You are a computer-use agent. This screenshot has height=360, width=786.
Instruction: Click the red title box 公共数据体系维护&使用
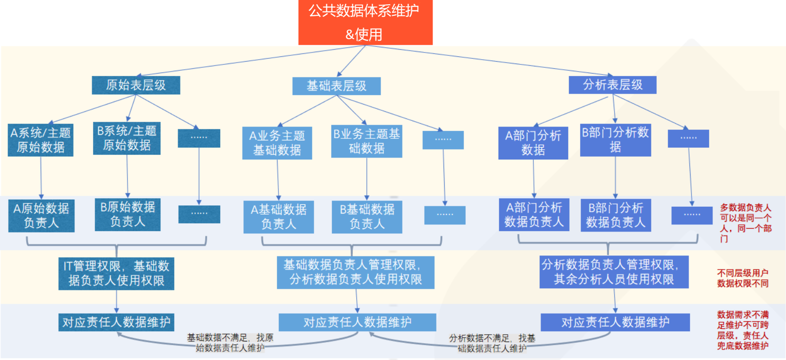pyautogui.click(x=365, y=22)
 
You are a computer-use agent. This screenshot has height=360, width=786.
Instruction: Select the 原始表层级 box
pyautogui.click(x=136, y=85)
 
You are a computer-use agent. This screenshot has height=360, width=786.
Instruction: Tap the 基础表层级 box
pyautogui.click(x=337, y=86)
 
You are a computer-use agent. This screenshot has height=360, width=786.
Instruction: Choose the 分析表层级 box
pyautogui.click(x=613, y=85)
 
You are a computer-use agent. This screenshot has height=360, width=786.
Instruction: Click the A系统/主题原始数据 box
pyautogui.click(x=41, y=140)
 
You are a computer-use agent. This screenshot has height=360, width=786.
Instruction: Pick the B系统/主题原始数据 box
pyautogui.click(x=127, y=138)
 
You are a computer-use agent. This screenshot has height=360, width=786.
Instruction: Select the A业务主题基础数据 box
pyautogui.click(x=277, y=143)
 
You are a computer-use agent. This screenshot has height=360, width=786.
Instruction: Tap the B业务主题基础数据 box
pyautogui.click(x=367, y=141)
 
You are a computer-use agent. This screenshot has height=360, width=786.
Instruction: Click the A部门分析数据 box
pyautogui.click(x=533, y=143)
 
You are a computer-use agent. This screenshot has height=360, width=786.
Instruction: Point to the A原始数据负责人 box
pyautogui.click(x=41, y=216)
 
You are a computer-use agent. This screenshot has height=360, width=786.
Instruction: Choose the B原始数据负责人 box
pyautogui.click(x=127, y=214)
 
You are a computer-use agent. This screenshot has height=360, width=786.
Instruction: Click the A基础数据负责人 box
pyautogui.click(x=278, y=217)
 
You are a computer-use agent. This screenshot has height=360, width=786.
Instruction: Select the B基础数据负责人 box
pyautogui.click(x=367, y=217)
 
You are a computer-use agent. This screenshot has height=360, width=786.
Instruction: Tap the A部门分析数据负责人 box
pyautogui.click(x=534, y=215)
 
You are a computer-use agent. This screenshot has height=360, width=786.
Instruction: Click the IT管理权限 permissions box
pyautogui.click(x=116, y=274)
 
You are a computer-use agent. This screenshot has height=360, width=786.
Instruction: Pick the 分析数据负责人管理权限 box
pyautogui.click(x=614, y=272)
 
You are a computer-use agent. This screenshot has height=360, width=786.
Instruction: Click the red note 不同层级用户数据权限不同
pyautogui.click(x=743, y=278)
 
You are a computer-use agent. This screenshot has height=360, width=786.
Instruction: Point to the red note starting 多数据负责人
pyautogui.click(x=745, y=223)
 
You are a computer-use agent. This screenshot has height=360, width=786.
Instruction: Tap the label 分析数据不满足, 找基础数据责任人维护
pyautogui.click(x=492, y=343)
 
